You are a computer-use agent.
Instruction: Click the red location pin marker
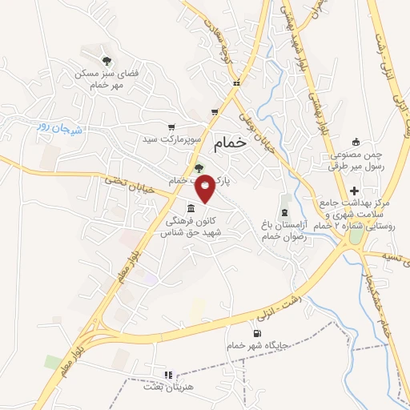205,187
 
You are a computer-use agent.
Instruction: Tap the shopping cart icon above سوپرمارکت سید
171,127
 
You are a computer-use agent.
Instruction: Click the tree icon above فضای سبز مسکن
106,60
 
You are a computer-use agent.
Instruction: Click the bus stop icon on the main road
235,84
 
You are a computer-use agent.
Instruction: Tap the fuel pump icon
255,334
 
